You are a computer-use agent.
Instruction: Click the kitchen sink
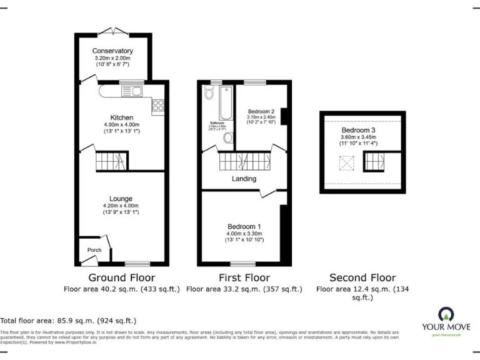[132, 92]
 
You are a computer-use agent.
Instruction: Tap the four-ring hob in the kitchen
[157, 106]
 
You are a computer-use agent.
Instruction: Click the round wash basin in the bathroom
[228, 138]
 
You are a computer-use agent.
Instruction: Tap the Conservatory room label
[112, 51]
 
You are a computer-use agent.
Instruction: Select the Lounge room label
[121, 199]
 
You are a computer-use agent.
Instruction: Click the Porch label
[94, 250]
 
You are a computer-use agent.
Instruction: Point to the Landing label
[244, 179]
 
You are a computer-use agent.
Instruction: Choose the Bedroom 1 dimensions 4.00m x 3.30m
[244, 234]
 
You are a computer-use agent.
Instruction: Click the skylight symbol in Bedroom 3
[345, 163]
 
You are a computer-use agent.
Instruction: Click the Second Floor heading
[362, 277]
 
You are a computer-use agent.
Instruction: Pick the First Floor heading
[244, 277]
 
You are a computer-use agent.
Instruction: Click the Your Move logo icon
[446, 314]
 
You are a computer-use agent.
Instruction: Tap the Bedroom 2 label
[261, 111]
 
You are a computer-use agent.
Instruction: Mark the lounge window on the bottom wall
[137, 263]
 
